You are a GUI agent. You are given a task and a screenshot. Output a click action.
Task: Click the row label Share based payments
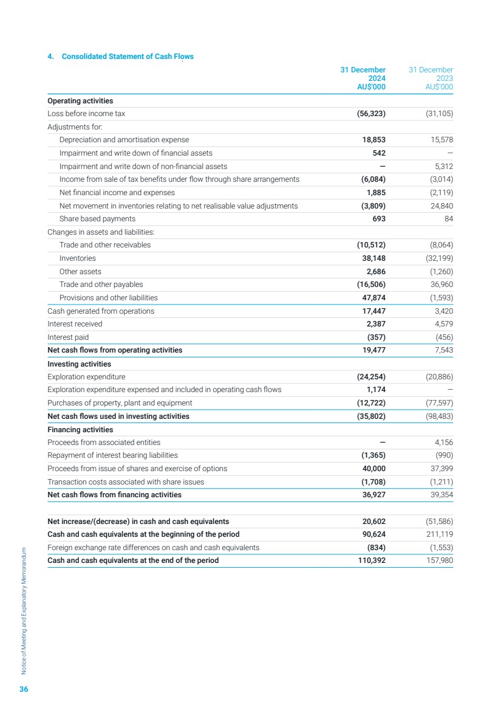(97, 219)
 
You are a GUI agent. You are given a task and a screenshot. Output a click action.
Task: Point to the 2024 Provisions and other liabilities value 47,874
(370, 298)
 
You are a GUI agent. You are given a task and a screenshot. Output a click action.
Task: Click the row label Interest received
(75, 324)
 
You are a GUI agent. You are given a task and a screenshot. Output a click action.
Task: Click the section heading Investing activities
(79, 364)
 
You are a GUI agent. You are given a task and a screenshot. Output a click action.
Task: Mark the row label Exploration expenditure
(86, 377)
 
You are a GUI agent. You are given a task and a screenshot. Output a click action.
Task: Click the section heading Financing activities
(80, 430)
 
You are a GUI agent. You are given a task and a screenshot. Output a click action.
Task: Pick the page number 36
(24, 689)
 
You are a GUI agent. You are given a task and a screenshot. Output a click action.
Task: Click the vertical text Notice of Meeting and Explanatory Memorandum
(24, 608)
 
